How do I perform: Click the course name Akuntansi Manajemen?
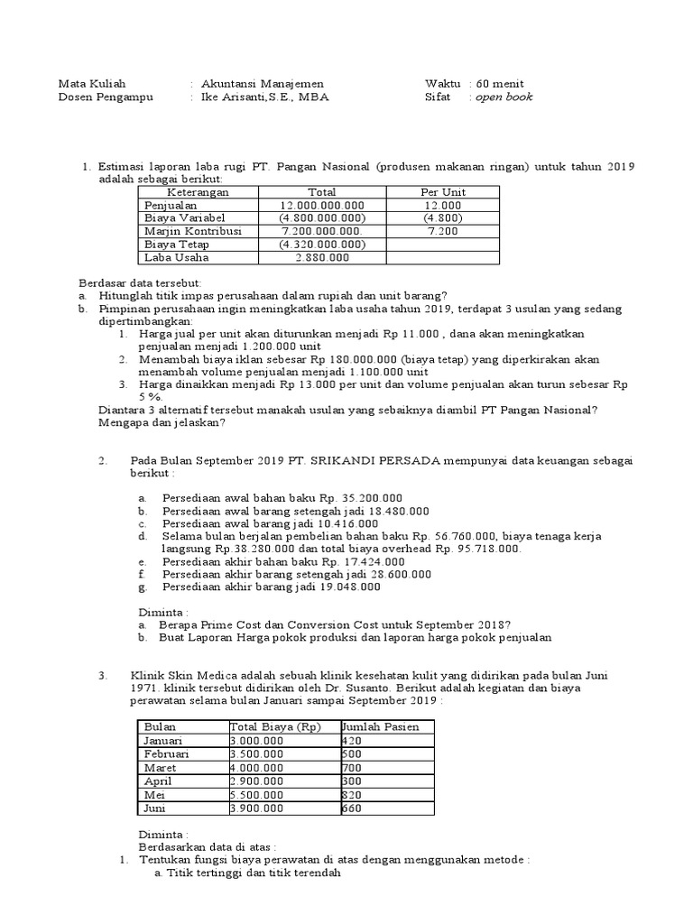[263, 84]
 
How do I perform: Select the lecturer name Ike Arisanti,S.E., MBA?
[266, 97]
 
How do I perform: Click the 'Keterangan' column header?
[199, 192]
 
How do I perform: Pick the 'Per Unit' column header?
[442, 192]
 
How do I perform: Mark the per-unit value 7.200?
[442, 231]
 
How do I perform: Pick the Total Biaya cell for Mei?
[257, 795]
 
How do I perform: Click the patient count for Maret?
[352, 768]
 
